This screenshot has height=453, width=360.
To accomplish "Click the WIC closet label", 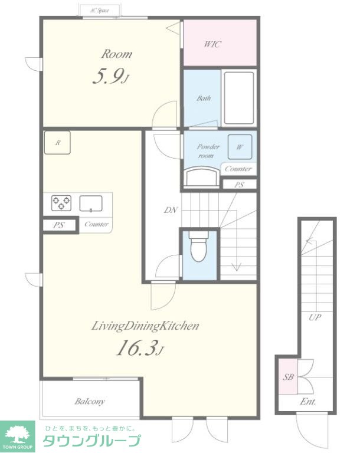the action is (212, 44).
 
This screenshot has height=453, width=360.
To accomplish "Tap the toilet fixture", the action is (199, 245).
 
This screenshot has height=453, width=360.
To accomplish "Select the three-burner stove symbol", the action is (61, 203).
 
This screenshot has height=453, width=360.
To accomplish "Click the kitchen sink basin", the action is (91, 203).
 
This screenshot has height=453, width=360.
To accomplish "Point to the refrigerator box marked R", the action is (58, 142).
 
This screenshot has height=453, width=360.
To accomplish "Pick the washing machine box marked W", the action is (240, 147).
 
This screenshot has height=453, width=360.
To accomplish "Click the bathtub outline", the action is (239, 98).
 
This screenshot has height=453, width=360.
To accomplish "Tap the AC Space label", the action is (99, 11).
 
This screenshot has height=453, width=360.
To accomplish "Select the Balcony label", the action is (90, 401).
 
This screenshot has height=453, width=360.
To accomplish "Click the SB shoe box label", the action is (288, 377).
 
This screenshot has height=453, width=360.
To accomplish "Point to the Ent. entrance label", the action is (307, 402).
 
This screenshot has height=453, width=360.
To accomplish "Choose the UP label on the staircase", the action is (315, 317).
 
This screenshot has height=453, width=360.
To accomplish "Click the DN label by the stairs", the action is (171, 210).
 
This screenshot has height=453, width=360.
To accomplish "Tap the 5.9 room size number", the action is (109, 76).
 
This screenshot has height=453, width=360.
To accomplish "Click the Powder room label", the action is (208, 151).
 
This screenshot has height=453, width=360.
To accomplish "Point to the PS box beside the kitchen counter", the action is (58, 225).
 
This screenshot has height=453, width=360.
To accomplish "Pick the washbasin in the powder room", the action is (202, 176).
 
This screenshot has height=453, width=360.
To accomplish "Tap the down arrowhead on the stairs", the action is (237, 267).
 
